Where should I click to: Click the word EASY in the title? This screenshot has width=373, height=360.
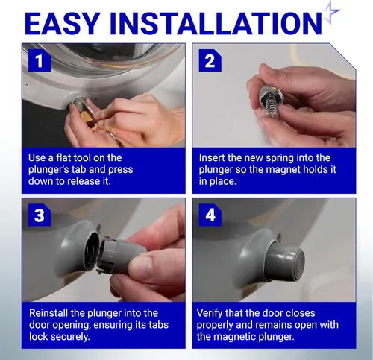tap(63, 23)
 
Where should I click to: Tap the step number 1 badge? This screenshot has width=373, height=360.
tap(40, 60)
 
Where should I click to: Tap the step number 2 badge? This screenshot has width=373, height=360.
tap(210, 60)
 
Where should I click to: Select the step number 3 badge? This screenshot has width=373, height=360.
tap(40, 215)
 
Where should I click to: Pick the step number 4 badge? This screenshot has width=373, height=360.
tap(210, 215)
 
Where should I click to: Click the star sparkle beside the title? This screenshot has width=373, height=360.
tap(330, 13)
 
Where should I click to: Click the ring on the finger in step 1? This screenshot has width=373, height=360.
tap(112, 136)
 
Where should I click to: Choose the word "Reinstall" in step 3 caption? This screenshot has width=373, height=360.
tap(48, 313)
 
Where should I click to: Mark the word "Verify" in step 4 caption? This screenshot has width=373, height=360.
tap(210, 313)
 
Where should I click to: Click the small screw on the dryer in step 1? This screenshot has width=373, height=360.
tap(26, 85)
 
